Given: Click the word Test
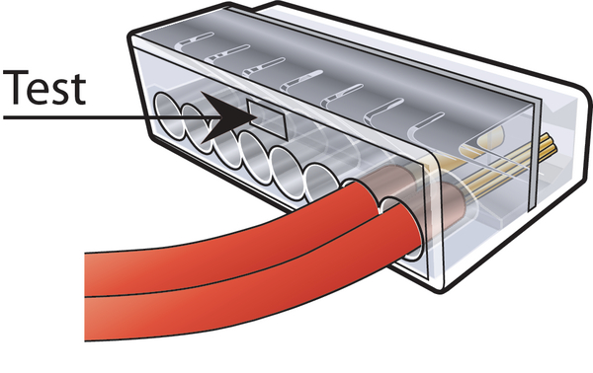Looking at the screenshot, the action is (44, 88).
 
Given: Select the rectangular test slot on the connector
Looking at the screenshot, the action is (266, 118).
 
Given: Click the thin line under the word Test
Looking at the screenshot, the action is (110, 117).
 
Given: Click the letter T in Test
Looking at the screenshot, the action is (16, 87).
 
